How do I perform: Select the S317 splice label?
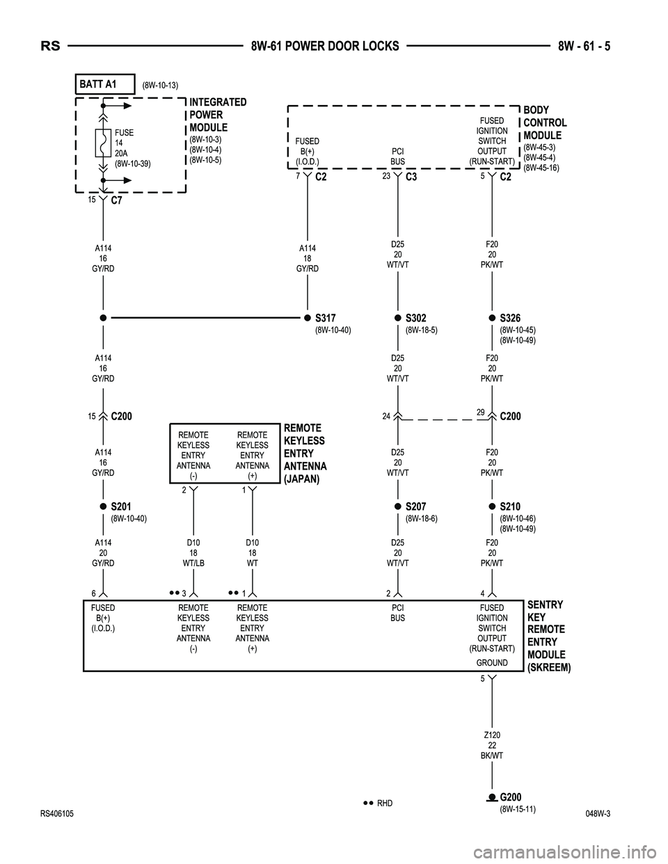(x=326, y=318)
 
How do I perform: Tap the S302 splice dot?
(x=398, y=318)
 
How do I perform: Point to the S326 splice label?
(x=510, y=318)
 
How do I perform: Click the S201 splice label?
(x=121, y=506)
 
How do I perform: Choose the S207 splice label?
(x=415, y=506)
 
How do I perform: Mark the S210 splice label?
(x=510, y=506)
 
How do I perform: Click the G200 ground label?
(x=511, y=797)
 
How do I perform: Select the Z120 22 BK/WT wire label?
(x=492, y=745)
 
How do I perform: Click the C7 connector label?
(x=117, y=202)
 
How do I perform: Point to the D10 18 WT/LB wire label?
(x=193, y=552)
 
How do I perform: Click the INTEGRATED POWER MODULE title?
(x=218, y=115)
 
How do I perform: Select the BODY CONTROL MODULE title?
(x=545, y=122)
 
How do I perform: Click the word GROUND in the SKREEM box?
(x=492, y=663)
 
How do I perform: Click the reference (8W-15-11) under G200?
(x=518, y=809)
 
